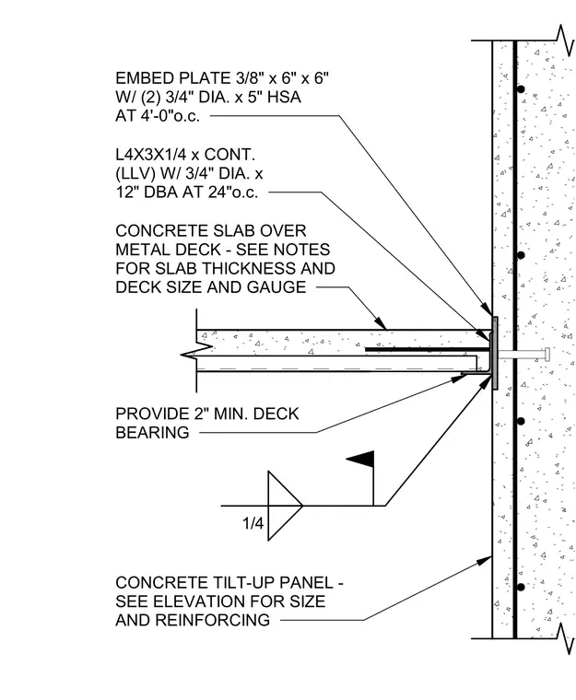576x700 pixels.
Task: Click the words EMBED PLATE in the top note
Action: pyautogui.click(x=173, y=78)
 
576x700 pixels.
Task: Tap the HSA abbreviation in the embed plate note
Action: pyautogui.click(x=284, y=98)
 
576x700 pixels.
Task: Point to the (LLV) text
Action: pyautogui.click(x=135, y=174)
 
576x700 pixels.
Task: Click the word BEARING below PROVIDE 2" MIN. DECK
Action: pyautogui.click(x=152, y=433)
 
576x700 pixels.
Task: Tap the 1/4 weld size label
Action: pyautogui.click(x=253, y=523)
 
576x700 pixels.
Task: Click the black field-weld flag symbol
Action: pyautogui.click(x=362, y=459)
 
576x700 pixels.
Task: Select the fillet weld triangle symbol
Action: pyautogui.click(x=285, y=506)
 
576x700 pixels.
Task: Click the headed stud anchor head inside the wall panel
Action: pyautogui.click(x=547, y=355)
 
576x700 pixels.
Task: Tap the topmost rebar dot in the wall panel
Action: pyautogui.click(x=521, y=88)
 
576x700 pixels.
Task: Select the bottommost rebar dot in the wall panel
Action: pyautogui.click(x=521, y=587)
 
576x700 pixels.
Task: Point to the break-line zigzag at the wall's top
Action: pyautogui.click(x=566, y=41)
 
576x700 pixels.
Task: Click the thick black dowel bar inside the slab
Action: pyautogui.click(x=429, y=350)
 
